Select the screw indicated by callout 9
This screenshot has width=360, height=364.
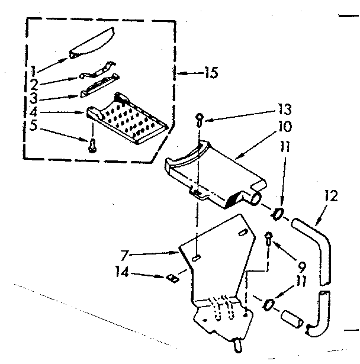tap(268, 237)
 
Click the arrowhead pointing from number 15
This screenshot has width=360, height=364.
tap(182, 74)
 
